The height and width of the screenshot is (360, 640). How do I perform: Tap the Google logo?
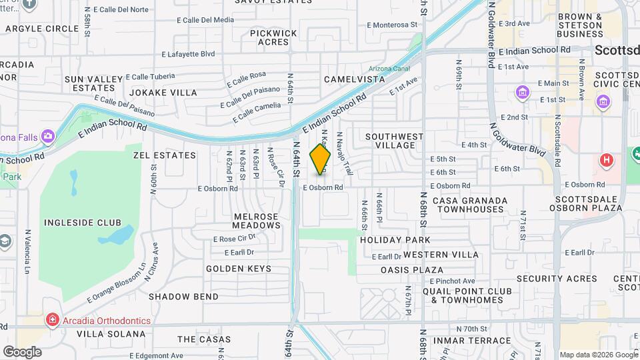tap(22, 351)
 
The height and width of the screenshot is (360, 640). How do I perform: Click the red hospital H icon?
tap(606, 160)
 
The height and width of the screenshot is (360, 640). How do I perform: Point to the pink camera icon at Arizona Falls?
tap(47, 137)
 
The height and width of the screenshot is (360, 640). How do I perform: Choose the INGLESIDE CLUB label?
tap(82, 222)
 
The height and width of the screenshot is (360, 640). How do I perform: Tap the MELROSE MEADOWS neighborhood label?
tap(257, 221)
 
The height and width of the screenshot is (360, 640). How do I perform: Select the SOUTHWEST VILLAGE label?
tap(395, 141)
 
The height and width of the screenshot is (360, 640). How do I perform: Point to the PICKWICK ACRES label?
tap(273, 37)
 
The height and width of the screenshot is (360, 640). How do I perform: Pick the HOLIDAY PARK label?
tap(395, 239)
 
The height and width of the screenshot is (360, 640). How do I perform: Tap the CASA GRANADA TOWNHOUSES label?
tap(468, 205)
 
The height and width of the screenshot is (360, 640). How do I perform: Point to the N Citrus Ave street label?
tap(155, 259)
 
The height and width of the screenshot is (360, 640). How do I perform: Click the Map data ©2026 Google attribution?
tap(598, 355)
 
